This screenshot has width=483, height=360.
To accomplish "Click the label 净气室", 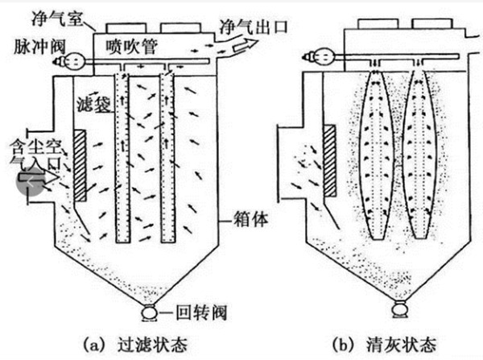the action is click(57, 19).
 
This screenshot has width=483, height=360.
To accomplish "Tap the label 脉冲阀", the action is click(39, 48).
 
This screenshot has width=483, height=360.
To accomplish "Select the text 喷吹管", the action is click(132, 47).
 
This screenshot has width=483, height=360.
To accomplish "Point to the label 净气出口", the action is click(254, 27).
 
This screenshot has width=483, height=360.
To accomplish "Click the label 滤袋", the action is click(93, 104).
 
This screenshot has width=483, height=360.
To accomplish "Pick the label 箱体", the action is click(250, 220).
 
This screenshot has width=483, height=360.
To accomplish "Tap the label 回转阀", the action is click(201, 312).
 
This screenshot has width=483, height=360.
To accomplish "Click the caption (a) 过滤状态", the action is click(135, 345).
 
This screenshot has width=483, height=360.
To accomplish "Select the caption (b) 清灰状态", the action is click(384, 345).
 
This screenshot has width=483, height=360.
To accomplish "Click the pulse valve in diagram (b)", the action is click(320, 56).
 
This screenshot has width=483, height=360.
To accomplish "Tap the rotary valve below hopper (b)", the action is click(400, 309).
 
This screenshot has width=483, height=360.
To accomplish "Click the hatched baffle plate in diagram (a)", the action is click(80, 166).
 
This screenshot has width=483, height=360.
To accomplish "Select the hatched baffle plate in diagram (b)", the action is click(329, 160).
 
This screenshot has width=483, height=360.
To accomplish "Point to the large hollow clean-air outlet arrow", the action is click(246, 45).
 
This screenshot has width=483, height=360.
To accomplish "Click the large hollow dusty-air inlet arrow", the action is click(39, 177).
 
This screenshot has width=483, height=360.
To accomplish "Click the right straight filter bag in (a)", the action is click(168, 158).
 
